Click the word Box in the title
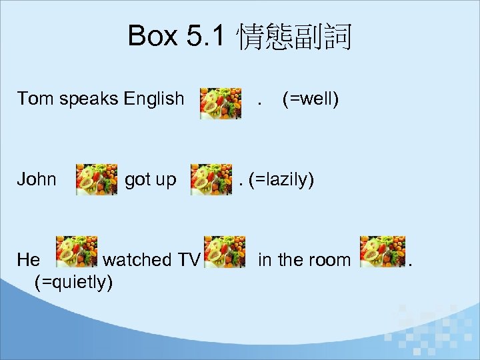153,36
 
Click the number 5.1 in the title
207,36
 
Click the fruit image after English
221,103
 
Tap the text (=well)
311,99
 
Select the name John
37,180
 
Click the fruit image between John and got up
97,180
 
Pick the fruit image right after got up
211,180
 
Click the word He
29,259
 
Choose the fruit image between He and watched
76,251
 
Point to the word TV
188,259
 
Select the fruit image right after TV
224,251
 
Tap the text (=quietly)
73,282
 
